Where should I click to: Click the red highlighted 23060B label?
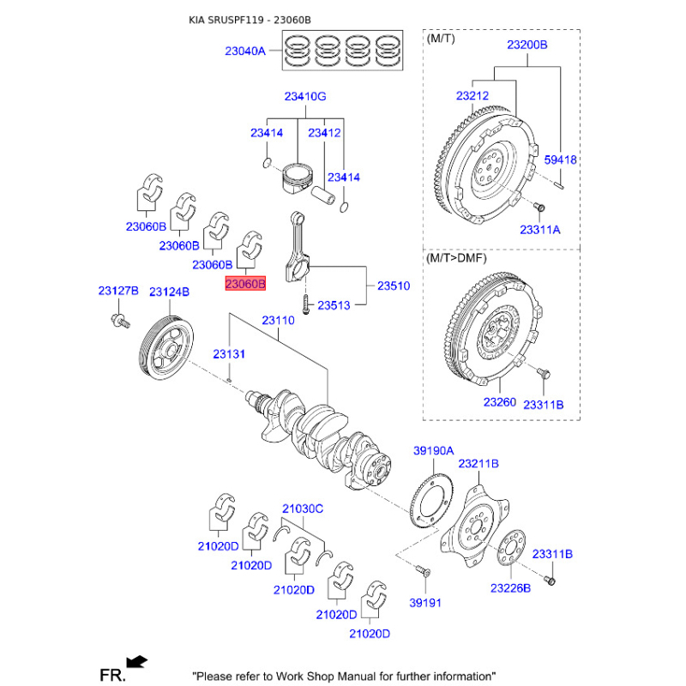click(x=245, y=283)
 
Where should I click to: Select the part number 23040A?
click(x=245, y=51)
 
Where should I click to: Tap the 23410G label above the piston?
click(x=305, y=97)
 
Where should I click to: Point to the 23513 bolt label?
click(x=335, y=305)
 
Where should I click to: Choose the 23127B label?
click(x=117, y=292)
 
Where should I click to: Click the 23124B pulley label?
click(x=169, y=292)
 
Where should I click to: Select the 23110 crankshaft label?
click(x=278, y=320)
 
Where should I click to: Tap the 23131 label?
click(x=229, y=354)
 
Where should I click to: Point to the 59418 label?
click(x=561, y=159)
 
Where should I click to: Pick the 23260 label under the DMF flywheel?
click(x=499, y=402)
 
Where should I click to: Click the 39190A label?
click(x=433, y=450)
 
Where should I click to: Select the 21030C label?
click(x=303, y=508)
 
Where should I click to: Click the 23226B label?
click(x=511, y=588)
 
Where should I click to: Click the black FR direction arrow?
click(x=135, y=661)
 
